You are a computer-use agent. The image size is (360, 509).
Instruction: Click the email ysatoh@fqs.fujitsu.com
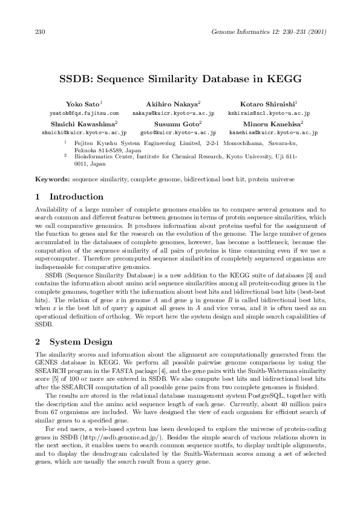coord(84,113)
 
